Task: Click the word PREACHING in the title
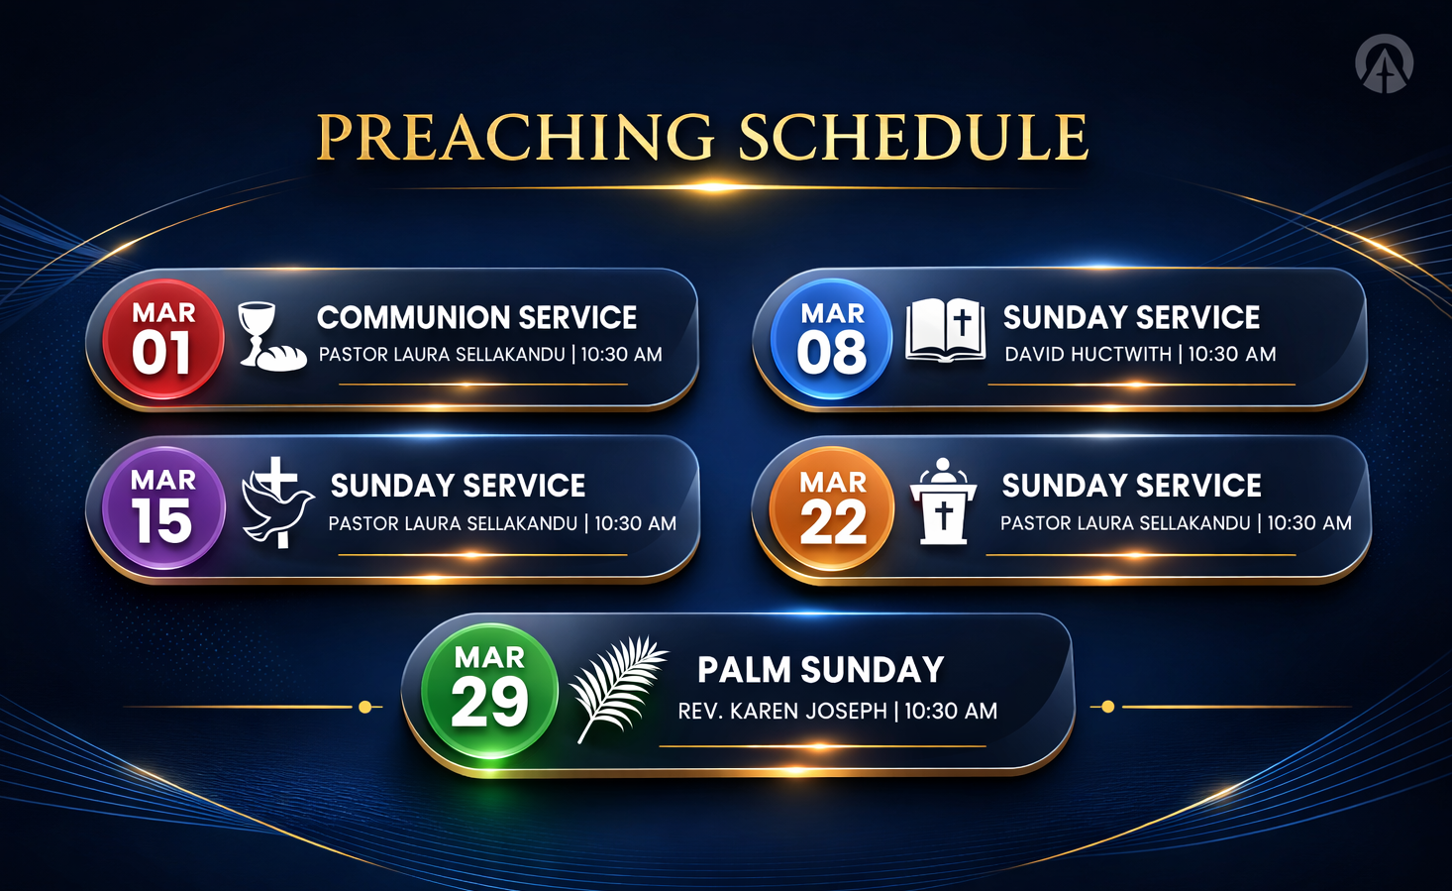(515, 137)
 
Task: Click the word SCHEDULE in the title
(914, 137)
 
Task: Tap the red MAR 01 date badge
(163, 339)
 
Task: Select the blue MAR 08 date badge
(832, 339)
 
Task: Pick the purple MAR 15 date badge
(164, 507)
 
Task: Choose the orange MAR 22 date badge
(832, 507)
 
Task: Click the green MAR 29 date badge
(490, 691)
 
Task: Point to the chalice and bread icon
(272, 336)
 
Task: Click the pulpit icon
(943, 501)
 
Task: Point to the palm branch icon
(618, 689)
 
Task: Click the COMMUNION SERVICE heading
(477, 317)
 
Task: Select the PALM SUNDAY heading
(821, 669)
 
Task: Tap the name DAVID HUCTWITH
(1089, 354)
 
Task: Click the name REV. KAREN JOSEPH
(782, 711)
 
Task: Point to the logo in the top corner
(1384, 63)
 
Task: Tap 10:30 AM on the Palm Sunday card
(951, 711)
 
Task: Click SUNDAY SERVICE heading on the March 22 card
(1132, 485)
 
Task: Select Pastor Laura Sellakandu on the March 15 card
(453, 523)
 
